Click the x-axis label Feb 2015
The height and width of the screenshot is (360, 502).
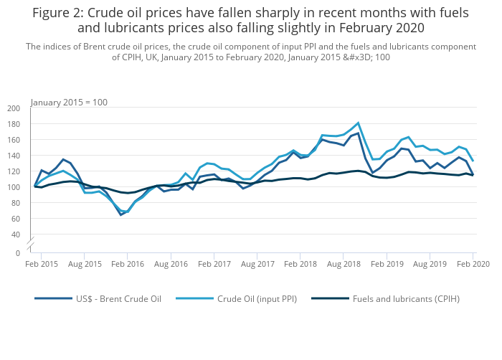tap(41, 265)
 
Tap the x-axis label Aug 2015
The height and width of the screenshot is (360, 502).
tap(85, 265)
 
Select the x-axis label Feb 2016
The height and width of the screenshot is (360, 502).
tap(127, 265)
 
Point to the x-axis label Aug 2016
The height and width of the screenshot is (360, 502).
tap(171, 265)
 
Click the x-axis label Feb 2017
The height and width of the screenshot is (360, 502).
tap(214, 265)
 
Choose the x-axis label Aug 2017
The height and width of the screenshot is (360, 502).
tap(257, 265)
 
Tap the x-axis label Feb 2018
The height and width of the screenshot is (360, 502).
tap(300, 265)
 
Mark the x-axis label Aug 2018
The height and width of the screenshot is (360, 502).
tap(344, 265)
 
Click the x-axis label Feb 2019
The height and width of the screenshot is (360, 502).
tap(387, 265)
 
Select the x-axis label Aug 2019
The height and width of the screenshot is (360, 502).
tap(430, 265)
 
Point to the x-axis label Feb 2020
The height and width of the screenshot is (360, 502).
tap(473, 265)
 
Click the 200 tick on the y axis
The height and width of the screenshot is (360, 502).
tap(14, 108)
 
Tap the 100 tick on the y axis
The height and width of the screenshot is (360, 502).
tap(14, 187)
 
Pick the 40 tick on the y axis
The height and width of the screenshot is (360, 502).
tap(16, 235)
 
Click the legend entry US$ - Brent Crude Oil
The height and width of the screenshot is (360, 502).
tap(115, 299)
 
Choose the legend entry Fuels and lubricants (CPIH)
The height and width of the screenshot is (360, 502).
tap(407, 299)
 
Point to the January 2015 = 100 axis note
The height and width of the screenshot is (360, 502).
tap(69, 102)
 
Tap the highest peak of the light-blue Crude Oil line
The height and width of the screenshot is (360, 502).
tap(358, 123)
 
